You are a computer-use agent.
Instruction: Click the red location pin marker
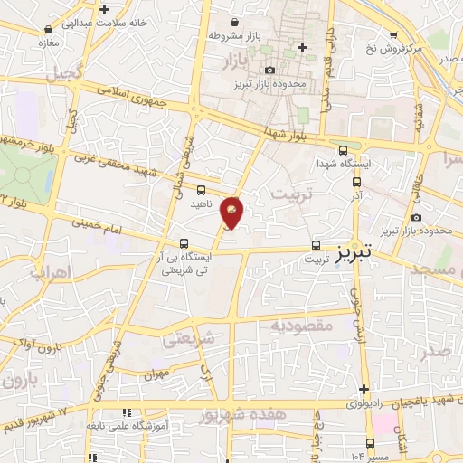(x=232, y=213)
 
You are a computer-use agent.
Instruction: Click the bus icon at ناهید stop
(x=201, y=190)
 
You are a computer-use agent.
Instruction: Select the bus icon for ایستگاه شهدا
(x=342, y=151)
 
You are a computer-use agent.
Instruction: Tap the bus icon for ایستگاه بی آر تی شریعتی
(x=184, y=243)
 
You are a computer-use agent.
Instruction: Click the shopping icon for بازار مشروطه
(x=235, y=22)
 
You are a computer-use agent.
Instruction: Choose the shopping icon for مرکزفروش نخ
(x=392, y=34)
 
